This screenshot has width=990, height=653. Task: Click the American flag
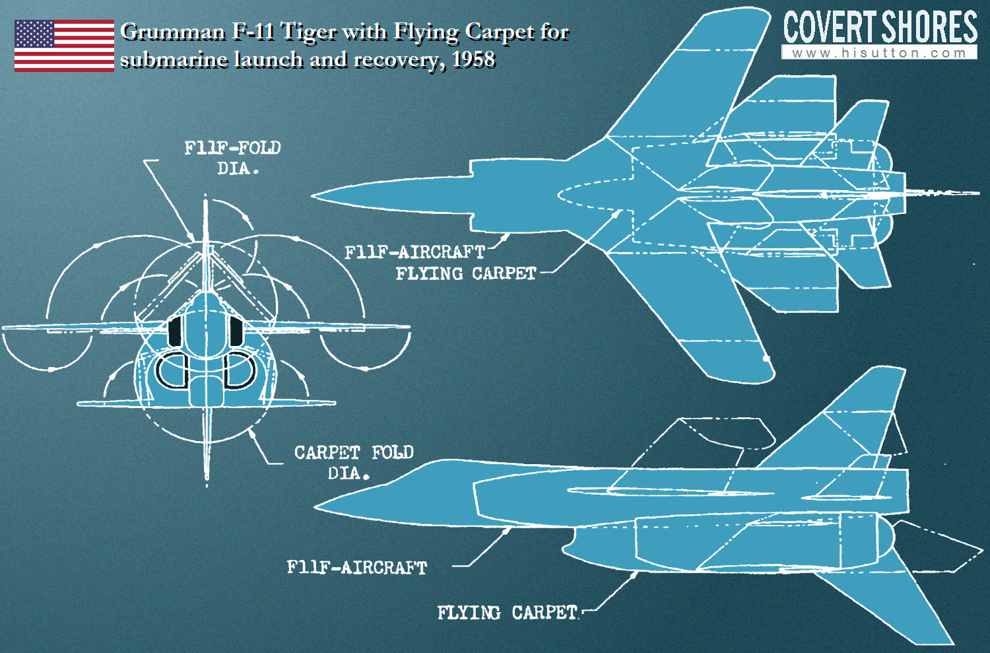click(x=65, y=46)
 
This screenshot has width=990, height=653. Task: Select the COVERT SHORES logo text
click(x=880, y=28)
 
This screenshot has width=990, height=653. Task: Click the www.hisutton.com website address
click(x=879, y=53)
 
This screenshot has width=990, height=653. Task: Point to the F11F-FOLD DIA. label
click(x=233, y=158)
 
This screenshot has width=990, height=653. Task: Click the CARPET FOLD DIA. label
click(x=354, y=462)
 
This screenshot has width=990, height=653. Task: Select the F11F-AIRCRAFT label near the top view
click(x=415, y=253)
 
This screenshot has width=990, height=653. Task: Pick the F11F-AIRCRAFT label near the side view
click(x=357, y=567)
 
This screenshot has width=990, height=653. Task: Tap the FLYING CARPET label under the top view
click(x=466, y=274)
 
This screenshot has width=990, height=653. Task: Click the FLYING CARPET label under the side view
click(x=508, y=613)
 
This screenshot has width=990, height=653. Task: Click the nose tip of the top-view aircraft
click(x=312, y=196)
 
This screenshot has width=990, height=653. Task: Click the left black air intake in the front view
click(x=175, y=331)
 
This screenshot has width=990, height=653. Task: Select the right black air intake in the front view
click(x=236, y=331)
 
